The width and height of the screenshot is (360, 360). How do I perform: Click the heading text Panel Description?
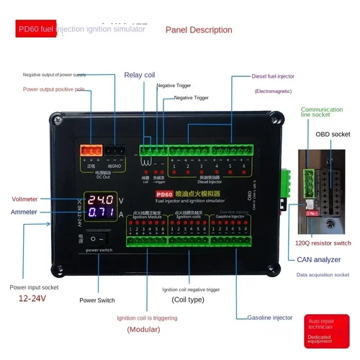tap(199, 30)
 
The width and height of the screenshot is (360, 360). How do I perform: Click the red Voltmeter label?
tap(25, 199)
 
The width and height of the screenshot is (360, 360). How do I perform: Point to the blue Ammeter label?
tap(24, 212)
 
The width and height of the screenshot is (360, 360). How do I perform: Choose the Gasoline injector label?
tap(270, 317)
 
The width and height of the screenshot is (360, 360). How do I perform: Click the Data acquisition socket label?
tap(322, 274)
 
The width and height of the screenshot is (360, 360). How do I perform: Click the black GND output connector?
tap(115, 150)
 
